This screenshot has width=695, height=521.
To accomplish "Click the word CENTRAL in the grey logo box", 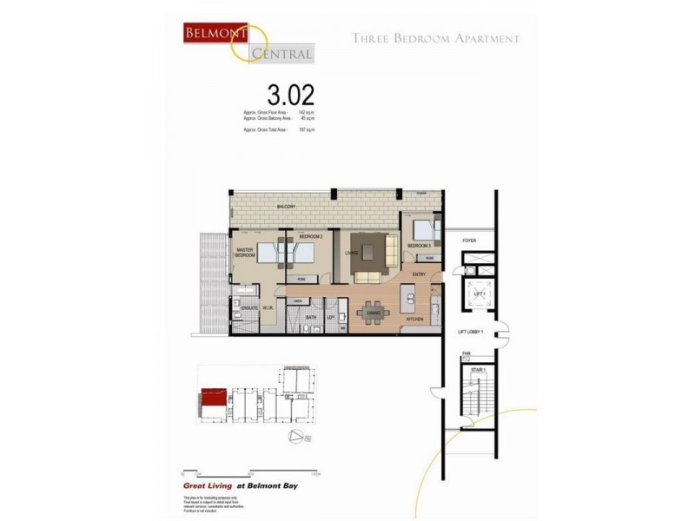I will coord(281,54).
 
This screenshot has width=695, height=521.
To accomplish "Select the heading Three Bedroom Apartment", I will coord(435,38).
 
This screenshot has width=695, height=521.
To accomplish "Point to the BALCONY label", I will coord(286,207).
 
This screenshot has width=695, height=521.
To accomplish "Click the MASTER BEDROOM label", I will coord(245,254).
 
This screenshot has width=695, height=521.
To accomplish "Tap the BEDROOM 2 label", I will coord(311,236).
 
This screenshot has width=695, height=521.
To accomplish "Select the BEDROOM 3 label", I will coord(420,246).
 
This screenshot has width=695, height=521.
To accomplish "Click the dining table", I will coord(373,313).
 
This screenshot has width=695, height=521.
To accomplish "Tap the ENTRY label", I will coord(419,275).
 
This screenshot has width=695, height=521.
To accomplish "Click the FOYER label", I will coord(470,241).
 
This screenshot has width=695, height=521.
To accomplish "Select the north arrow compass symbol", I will coord(298,435).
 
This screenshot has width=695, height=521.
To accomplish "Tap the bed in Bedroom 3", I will coord(424,231).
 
